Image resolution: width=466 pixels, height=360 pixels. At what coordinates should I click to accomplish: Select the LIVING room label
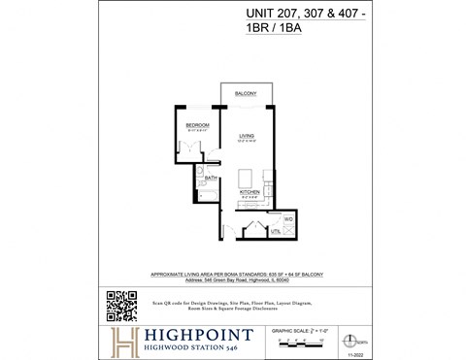[x=247, y=136]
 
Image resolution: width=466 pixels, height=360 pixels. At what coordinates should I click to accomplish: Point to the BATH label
[x=211, y=179]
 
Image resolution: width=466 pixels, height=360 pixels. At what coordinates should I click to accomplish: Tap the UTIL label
[x=275, y=233]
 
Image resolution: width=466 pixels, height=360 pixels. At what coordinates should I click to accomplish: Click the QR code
[x=119, y=305]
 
